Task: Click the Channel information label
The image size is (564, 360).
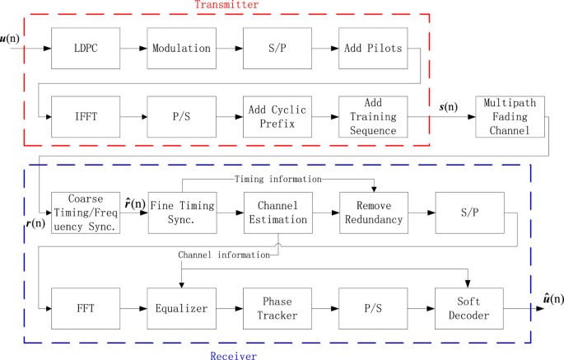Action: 224,255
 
